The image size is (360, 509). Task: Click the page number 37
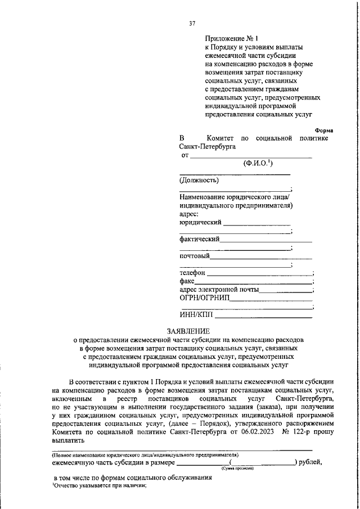coord(192,23)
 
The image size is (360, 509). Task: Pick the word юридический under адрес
coord(200,222)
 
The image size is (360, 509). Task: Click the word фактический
coord(199,239)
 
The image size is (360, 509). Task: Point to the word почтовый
coord(195,256)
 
